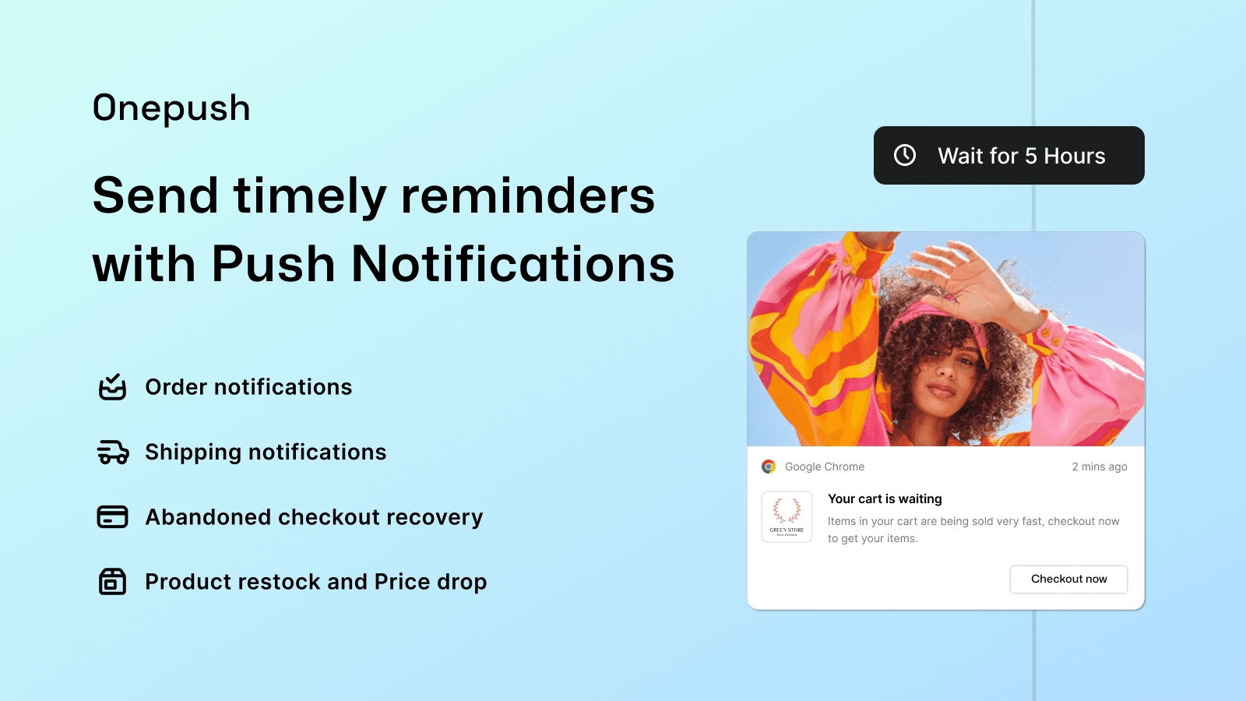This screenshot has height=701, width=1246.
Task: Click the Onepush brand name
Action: coord(171,108)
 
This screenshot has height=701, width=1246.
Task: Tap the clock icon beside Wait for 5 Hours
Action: coord(905,155)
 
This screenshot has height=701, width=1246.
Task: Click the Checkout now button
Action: coord(1068,579)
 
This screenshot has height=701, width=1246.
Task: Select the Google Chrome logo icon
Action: coord(769,467)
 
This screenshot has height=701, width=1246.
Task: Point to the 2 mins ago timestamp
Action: coord(1099,467)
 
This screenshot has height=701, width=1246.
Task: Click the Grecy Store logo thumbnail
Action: coord(787,516)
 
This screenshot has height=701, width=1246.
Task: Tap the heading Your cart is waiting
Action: coord(885,498)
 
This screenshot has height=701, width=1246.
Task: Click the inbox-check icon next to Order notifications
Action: coord(112,386)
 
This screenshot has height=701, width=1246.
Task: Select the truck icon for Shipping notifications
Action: coord(113,452)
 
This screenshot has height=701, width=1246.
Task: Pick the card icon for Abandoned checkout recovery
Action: coord(112,516)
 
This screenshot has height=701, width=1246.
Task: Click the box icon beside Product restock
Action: coord(112,581)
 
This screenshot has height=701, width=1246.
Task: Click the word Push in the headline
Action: coord(273,264)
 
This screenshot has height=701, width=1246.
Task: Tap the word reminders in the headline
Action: coord(527,196)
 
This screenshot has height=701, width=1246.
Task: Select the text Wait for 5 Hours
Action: coord(1021,156)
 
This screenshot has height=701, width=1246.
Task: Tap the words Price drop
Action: coord(430,582)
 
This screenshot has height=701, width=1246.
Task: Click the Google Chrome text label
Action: coord(824,467)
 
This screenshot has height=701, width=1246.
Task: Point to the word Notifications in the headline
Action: coord(512,264)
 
